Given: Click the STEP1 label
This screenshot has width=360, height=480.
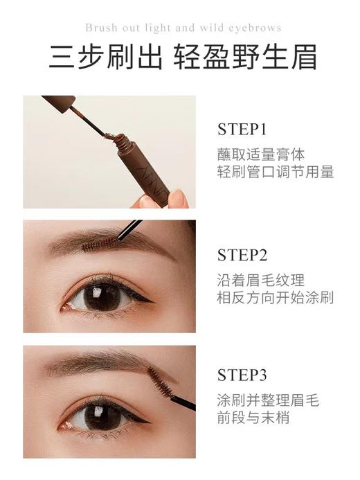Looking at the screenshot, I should (242, 130).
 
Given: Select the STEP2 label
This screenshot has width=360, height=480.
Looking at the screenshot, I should (242, 255).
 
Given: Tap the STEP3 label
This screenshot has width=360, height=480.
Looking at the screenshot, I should (242, 376).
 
